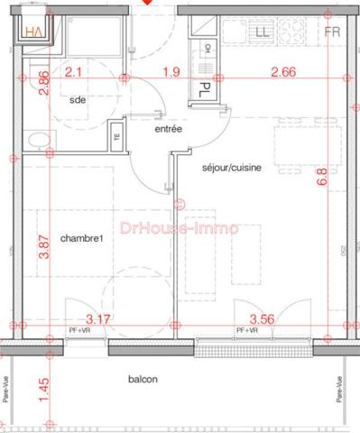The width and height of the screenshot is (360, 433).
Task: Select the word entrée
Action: (x=169, y=130)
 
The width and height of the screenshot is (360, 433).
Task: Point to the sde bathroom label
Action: (x=78, y=100)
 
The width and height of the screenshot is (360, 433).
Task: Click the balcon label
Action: (x=143, y=380)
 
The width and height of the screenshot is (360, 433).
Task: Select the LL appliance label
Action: (x=263, y=32)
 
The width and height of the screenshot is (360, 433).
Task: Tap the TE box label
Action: (x=116, y=139)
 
